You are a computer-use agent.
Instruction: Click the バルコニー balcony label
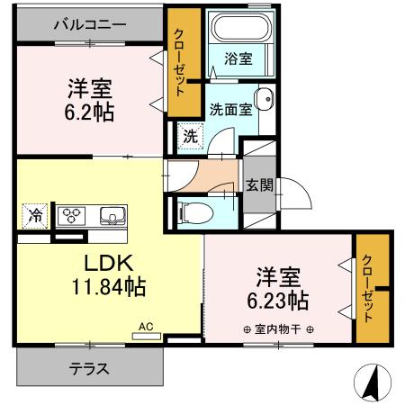coord(90,25)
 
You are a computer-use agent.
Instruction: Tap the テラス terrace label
coord(90,368)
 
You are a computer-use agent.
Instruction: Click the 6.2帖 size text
coord(89,113)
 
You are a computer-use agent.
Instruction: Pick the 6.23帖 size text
coord(280,299)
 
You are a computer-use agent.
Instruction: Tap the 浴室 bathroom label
coord(238,58)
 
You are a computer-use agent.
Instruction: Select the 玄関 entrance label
coord(257,186)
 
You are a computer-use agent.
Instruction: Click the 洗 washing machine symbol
coord(190,137)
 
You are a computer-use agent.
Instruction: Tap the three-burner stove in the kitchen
coord(71,216)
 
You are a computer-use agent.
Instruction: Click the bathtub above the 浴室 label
coord(238,30)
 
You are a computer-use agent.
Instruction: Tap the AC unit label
coord(145,329)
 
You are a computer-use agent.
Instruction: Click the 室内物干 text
coord(278,328)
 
